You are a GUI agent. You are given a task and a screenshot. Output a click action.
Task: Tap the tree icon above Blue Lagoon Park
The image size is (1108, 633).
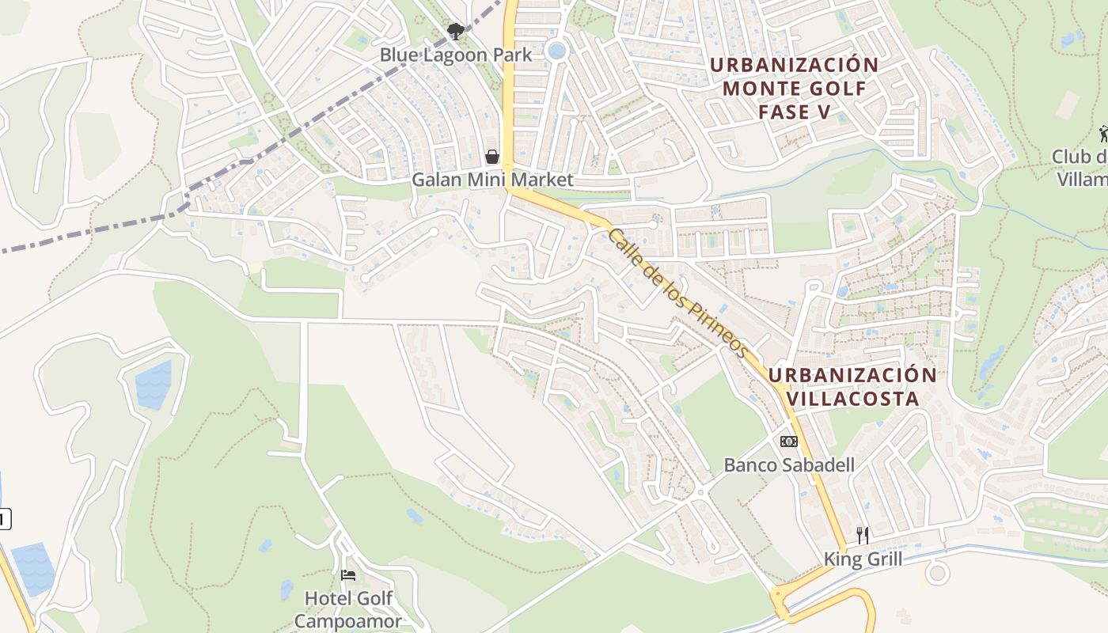[455, 32]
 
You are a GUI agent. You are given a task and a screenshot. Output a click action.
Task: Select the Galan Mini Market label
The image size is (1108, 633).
[492, 180]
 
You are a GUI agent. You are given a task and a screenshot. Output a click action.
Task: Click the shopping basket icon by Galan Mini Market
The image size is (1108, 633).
[492, 157]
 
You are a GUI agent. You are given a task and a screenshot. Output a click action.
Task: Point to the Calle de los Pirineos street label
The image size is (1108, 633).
[677, 292]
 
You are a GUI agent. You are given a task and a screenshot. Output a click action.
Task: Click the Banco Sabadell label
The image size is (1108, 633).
[789, 464]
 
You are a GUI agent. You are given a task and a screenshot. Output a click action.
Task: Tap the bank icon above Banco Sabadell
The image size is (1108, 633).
[789, 442]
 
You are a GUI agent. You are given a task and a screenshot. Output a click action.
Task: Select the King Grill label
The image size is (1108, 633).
[863, 559]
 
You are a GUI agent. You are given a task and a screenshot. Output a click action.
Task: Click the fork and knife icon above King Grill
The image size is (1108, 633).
[863, 536]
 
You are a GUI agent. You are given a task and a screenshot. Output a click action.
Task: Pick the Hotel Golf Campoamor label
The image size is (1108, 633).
[348, 609]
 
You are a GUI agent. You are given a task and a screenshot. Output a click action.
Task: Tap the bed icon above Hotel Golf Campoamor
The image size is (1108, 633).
[348, 575]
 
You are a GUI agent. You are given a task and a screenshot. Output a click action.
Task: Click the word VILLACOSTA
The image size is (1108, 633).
[853, 398]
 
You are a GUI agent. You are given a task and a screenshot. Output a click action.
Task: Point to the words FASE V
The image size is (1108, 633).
[795, 112]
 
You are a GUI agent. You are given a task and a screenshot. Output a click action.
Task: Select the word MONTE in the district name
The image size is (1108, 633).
[761, 88]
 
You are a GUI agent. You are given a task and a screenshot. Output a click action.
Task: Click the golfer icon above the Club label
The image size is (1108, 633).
[1103, 135]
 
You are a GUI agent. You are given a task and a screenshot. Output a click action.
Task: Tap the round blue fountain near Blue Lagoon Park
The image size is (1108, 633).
[557, 51]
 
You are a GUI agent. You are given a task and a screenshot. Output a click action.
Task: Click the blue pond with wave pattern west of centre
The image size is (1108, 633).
[154, 385]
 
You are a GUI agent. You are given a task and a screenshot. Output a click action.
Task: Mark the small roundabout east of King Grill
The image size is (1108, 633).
[937, 572]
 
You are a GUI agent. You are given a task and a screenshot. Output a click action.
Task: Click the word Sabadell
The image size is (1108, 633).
[819, 464]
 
